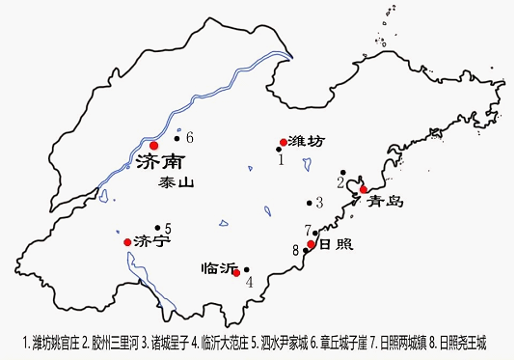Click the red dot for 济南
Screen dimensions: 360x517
click(x=154, y=145)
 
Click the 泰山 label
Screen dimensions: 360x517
click(x=177, y=180)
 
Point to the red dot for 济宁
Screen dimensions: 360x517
click(x=127, y=241)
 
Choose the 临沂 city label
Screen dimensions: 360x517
click(x=219, y=268)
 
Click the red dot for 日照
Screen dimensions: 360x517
click(x=312, y=244)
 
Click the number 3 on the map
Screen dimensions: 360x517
click(x=319, y=204)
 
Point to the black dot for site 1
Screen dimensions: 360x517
click(x=279, y=150)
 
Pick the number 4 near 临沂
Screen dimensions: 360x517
click(x=249, y=283)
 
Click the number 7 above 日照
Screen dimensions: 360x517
click(x=307, y=231)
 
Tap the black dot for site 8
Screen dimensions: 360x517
click(x=306, y=251)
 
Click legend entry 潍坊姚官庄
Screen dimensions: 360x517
click(x=51, y=342)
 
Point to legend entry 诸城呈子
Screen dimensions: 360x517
click(x=165, y=342)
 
